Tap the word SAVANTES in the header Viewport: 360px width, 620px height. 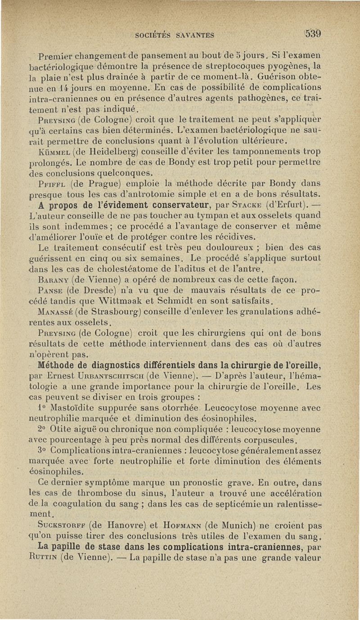pos(192,35)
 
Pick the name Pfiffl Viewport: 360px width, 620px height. pos(54,183)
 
